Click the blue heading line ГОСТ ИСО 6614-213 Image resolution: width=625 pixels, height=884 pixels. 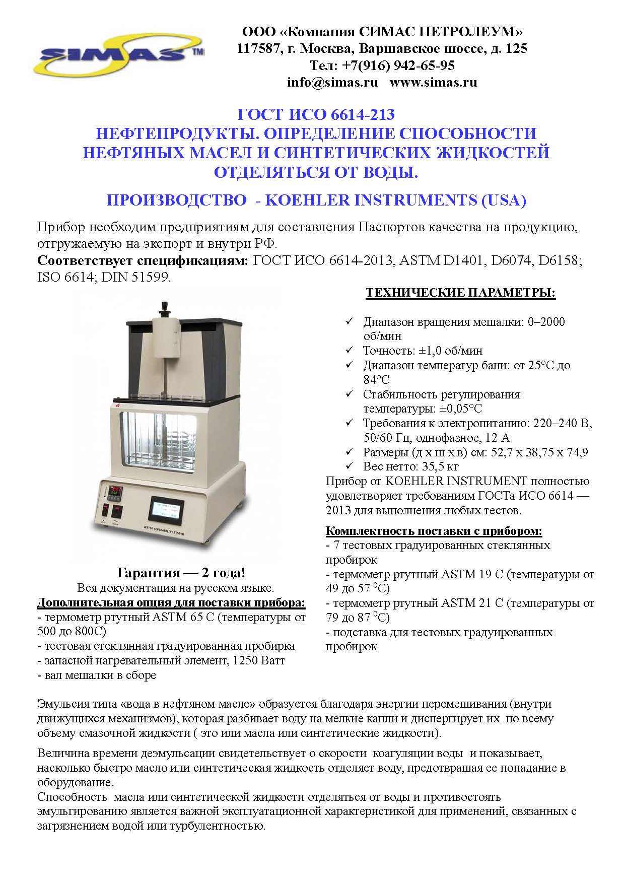tap(316, 115)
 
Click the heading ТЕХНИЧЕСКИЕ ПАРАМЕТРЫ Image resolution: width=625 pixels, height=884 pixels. tap(460, 293)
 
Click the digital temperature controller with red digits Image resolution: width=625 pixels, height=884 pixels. tap(117, 489)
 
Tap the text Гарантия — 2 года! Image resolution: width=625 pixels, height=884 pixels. tap(182, 573)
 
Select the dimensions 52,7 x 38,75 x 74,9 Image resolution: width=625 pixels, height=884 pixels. tap(534, 452)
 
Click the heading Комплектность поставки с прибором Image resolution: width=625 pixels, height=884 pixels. tap(434, 531)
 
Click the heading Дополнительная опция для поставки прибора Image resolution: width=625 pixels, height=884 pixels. tap(171, 602)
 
